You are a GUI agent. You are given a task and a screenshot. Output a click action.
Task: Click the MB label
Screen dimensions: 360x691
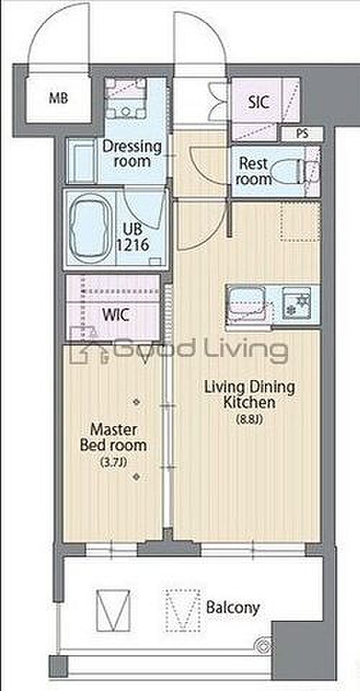coord(58,99)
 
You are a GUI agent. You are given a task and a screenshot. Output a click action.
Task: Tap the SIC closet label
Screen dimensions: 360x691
coord(258,102)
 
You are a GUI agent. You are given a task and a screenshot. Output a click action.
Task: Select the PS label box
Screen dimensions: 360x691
coord(302,135)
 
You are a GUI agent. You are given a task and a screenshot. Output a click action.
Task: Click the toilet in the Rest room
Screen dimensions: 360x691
coord(288,172)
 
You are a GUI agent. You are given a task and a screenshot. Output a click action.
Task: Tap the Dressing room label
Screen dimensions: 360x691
coord(132,153)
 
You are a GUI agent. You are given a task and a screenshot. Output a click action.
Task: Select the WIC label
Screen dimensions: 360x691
coord(115,315)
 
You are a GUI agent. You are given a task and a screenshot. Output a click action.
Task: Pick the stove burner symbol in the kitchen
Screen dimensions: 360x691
coord(296,302)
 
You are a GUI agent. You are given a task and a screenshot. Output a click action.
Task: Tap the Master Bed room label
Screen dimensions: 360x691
coord(113,437)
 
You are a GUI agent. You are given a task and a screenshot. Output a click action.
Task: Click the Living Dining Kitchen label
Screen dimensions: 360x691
coord(249,395)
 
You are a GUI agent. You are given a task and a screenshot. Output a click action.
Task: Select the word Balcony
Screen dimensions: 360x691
coord(233,608)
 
